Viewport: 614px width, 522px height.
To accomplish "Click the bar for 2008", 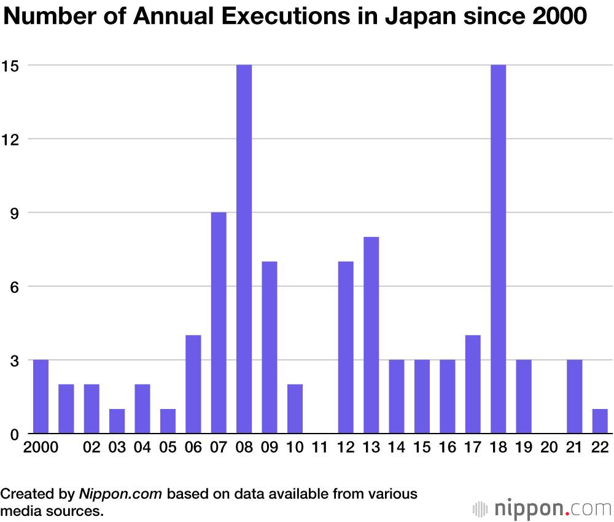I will point(244,249).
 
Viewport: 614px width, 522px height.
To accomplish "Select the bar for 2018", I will point(499,249).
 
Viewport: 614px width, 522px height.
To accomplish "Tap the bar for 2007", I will point(219,322).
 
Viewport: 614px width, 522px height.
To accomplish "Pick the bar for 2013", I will point(371,335).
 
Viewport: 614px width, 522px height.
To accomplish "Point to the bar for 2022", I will point(600,421).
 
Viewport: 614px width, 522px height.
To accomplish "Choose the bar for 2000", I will point(41,396).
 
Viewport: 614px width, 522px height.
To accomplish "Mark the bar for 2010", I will point(295,408).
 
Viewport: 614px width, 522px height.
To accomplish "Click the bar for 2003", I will point(117,421).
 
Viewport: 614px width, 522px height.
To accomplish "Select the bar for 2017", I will point(473,384).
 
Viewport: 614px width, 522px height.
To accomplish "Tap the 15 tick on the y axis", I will point(12,65).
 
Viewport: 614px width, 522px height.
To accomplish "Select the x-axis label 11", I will point(320,448).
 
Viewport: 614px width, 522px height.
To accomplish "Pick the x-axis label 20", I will point(549,448).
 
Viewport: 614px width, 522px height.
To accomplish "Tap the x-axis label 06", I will point(193,448).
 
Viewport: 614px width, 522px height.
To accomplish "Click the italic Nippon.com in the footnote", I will point(120,494).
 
